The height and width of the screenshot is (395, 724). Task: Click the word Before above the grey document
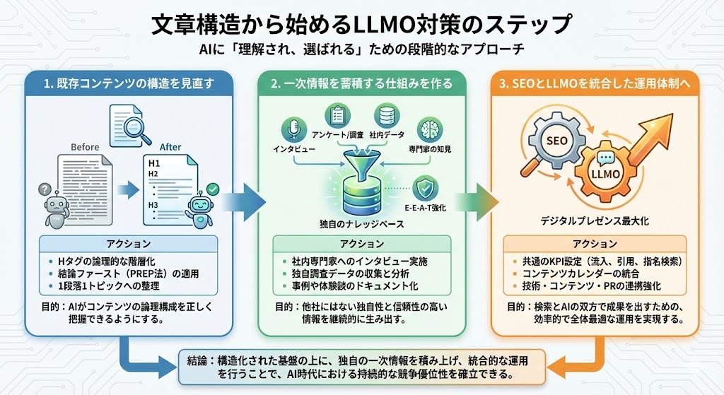[85, 147]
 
